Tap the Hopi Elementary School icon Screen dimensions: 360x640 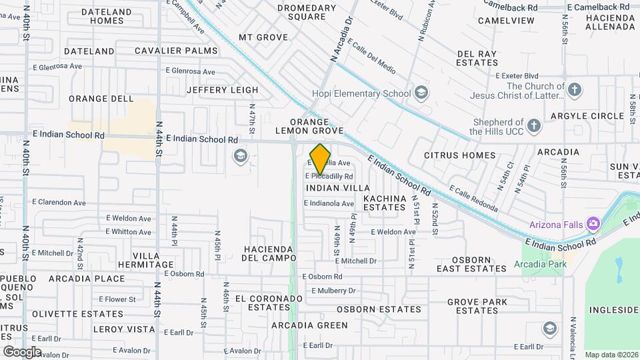click(x=421, y=93)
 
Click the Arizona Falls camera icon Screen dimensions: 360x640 click(x=592, y=224)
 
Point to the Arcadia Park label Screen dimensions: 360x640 click(x=540, y=265)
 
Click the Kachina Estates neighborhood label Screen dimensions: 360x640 click(x=385, y=203)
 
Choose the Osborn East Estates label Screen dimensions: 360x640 click(x=471, y=264)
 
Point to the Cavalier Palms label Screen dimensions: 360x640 click(x=176, y=51)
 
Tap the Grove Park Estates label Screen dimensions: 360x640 click(x=473, y=307)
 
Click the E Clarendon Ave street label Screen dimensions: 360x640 click(x=59, y=202)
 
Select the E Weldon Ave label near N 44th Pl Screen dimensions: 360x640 click(x=129, y=218)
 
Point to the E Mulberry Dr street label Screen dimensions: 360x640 click(x=329, y=291)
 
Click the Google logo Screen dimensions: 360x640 click(x=22, y=352)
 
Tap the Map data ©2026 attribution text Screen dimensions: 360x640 click(x=611, y=354)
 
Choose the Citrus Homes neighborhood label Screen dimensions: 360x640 click(x=460, y=155)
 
